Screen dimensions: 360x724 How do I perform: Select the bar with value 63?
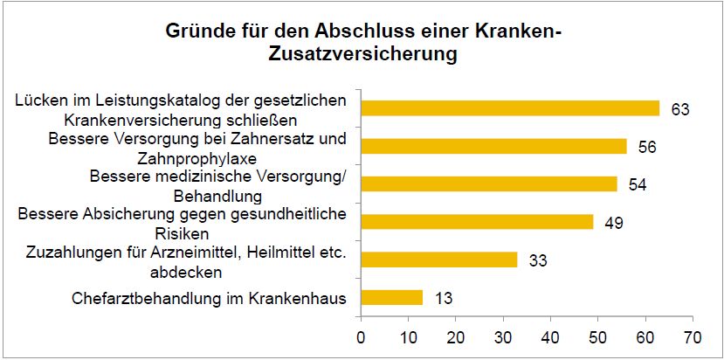pos(510,108)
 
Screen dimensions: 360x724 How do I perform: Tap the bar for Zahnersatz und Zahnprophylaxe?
pos(493,146)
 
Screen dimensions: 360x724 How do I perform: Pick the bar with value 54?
pos(489,183)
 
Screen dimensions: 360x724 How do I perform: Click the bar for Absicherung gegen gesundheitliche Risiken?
pos(477,222)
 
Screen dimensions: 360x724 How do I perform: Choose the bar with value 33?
pos(439,260)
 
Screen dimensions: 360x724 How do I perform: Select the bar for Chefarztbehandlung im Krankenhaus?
pos(392,297)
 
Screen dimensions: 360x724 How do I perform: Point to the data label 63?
pos(680,109)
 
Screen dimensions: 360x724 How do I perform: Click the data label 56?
pos(647,147)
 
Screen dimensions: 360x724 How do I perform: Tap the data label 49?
pos(614,222)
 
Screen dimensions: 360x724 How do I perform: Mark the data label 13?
pos(443,298)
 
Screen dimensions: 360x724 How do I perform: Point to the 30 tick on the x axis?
pos(503,335)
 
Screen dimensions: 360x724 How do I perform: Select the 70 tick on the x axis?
pos(693,335)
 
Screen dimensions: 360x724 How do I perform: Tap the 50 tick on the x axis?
pos(598,335)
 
